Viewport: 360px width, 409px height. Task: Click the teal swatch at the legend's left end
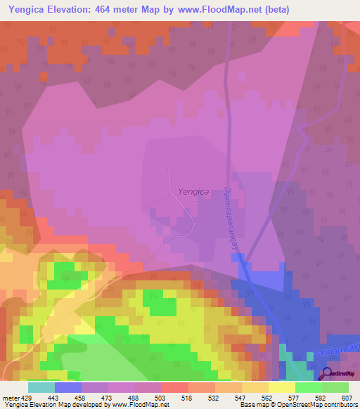point(41,387)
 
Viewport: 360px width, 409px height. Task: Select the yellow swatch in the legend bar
point(281,387)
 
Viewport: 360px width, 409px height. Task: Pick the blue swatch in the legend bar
point(68,387)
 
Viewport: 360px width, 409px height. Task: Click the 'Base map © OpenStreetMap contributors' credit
point(298,405)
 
